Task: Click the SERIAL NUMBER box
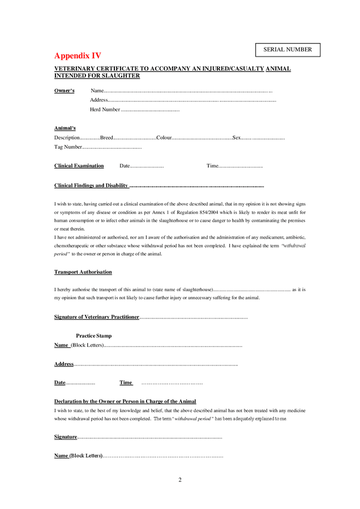click(288, 50)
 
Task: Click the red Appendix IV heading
click(78, 56)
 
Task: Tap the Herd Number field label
click(105, 109)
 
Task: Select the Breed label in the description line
click(106, 137)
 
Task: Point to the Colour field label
click(164, 137)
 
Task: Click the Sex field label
click(237, 137)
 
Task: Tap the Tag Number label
click(68, 147)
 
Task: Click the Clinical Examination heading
click(79, 166)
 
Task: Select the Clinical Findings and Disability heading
click(91, 186)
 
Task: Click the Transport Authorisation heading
click(83, 272)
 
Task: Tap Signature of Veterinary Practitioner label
click(96, 317)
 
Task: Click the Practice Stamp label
click(94, 335)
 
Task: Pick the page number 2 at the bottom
click(180, 480)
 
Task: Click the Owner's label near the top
click(65, 90)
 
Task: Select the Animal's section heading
click(65, 128)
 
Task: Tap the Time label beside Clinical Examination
click(212, 166)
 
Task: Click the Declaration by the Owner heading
click(125, 401)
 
